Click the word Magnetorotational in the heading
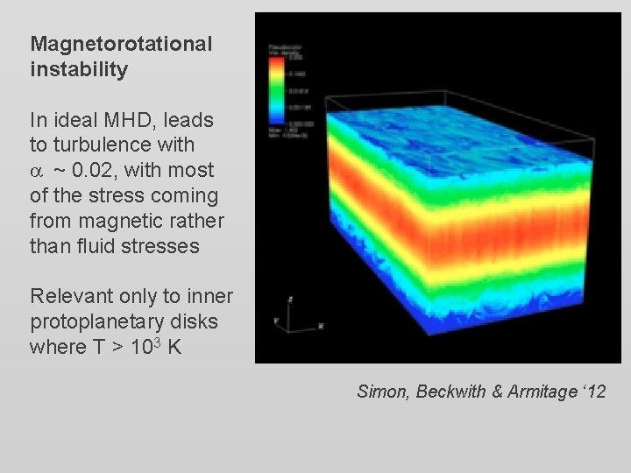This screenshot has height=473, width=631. pos(121,44)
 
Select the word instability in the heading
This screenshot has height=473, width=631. pos(79,69)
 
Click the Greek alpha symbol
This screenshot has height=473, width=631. pos(37,171)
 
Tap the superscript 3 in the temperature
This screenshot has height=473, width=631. pos(151,341)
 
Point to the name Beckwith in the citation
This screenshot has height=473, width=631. pos(447,392)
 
